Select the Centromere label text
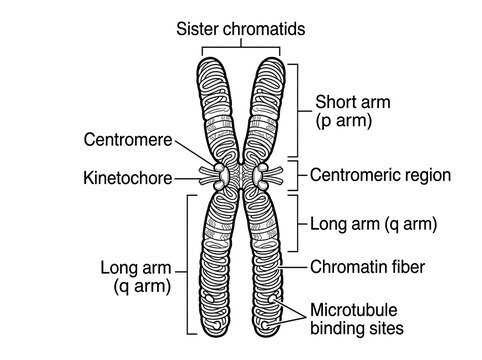click(128, 140)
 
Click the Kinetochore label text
click(128, 178)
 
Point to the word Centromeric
click(352, 175)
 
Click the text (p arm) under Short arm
click(344, 121)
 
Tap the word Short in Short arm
click(333, 102)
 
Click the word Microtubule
click(354, 310)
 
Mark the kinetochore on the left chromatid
click(221, 175)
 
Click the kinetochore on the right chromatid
click(260, 175)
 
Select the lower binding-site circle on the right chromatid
click(265, 325)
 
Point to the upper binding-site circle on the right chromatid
click(273, 298)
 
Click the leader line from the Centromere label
click(195, 152)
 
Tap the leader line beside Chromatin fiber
click(293, 267)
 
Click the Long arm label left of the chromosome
click(136, 277)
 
